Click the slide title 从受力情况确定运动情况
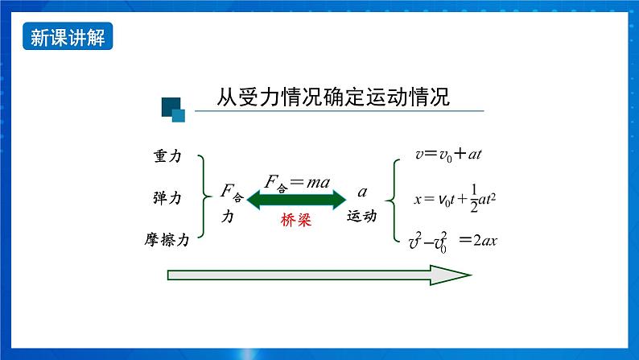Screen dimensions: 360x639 coord(332,97)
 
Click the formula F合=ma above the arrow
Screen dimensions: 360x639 coord(297,184)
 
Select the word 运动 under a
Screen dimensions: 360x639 coord(361,216)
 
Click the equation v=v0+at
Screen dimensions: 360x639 coord(448,154)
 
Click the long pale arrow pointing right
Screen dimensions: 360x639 coord(319,275)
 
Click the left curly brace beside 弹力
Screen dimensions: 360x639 coord(204,197)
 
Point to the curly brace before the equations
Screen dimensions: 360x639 coord(392,198)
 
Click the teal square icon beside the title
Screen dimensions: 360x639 coord(173,109)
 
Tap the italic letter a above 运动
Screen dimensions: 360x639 coord(362,192)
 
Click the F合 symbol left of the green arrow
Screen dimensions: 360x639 coord(231,192)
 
